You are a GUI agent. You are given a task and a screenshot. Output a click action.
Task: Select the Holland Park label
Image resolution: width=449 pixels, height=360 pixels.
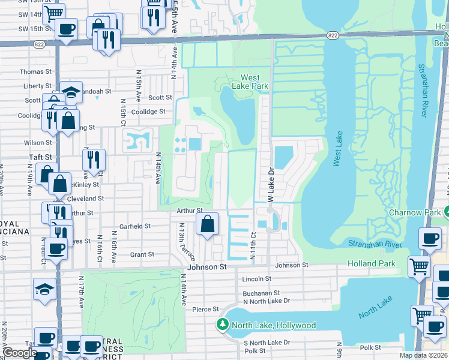372,263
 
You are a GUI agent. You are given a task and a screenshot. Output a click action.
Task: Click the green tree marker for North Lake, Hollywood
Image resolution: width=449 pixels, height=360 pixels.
223,325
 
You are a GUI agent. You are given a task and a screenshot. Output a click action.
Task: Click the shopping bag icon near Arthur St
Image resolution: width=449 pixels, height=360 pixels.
206,225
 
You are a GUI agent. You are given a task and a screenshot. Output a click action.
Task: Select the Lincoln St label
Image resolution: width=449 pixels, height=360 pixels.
257,279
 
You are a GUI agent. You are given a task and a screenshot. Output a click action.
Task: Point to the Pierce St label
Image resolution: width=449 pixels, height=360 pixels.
205,309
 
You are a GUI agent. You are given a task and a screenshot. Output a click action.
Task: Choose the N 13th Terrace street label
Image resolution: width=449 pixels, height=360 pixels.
181,241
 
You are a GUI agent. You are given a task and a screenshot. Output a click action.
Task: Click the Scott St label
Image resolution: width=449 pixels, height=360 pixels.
160,97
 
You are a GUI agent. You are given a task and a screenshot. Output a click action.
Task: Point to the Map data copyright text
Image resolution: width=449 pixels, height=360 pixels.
423,355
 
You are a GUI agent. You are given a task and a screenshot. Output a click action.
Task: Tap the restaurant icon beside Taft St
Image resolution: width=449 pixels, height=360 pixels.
94,160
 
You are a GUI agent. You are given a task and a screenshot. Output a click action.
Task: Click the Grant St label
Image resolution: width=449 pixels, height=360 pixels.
142,255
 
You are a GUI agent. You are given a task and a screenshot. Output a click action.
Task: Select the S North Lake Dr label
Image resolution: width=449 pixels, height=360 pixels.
267,343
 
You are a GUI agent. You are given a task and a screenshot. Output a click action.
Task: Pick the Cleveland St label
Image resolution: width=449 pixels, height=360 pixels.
85,198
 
